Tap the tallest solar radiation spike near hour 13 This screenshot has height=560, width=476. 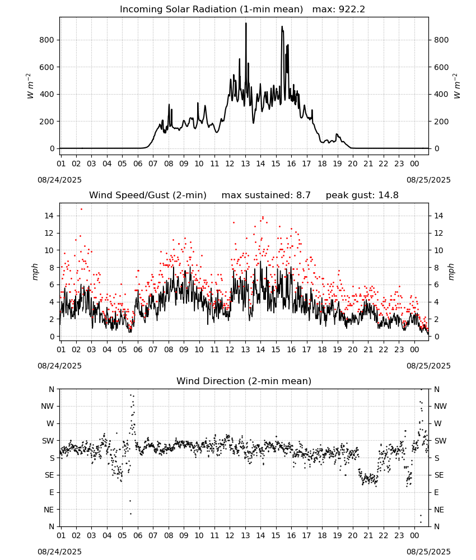[246, 24]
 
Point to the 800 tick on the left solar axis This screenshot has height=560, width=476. [47, 40]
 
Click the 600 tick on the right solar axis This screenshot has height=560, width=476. [441, 67]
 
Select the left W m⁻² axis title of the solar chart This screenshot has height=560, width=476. [31, 86]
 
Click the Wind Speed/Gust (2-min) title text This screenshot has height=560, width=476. [148, 195]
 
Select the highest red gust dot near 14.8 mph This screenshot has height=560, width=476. [81, 209]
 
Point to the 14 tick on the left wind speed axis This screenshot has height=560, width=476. [49, 216]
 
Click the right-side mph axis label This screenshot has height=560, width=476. [451, 272]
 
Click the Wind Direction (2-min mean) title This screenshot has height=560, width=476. [244, 381]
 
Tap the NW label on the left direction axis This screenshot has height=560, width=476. [48, 407]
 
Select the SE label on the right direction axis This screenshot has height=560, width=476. [439, 475]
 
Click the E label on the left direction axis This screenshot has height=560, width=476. [52, 492]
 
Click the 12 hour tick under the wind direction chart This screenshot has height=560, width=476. [230, 535]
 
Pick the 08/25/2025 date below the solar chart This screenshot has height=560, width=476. [428, 180]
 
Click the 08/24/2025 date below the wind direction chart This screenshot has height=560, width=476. [59, 552]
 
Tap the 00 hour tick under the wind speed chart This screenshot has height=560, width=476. [414, 349]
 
